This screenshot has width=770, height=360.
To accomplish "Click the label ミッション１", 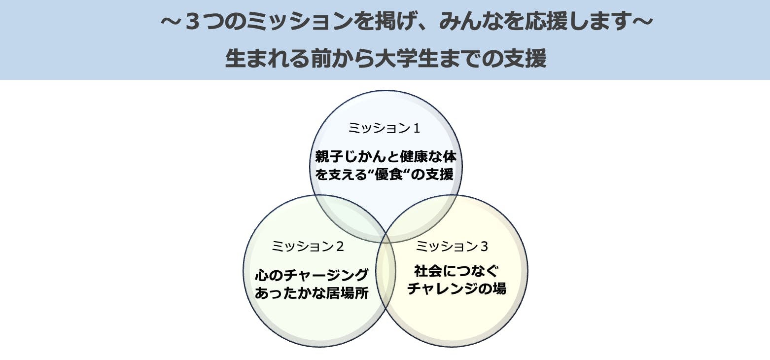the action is coord(384,128).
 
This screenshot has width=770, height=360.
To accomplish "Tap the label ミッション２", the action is coord(308,246).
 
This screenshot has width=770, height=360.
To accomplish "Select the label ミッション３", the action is coord(452,246).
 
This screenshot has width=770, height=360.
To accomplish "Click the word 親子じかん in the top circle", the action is coord(350,156).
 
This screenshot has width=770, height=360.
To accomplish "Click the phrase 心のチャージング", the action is coord(312,275).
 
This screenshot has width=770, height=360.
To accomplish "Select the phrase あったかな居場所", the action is coord(312,293).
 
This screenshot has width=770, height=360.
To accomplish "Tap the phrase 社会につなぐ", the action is coord(456,271).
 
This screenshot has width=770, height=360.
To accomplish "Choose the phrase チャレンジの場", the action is coord(456,288).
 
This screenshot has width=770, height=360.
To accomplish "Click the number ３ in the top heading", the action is coord(195,21).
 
